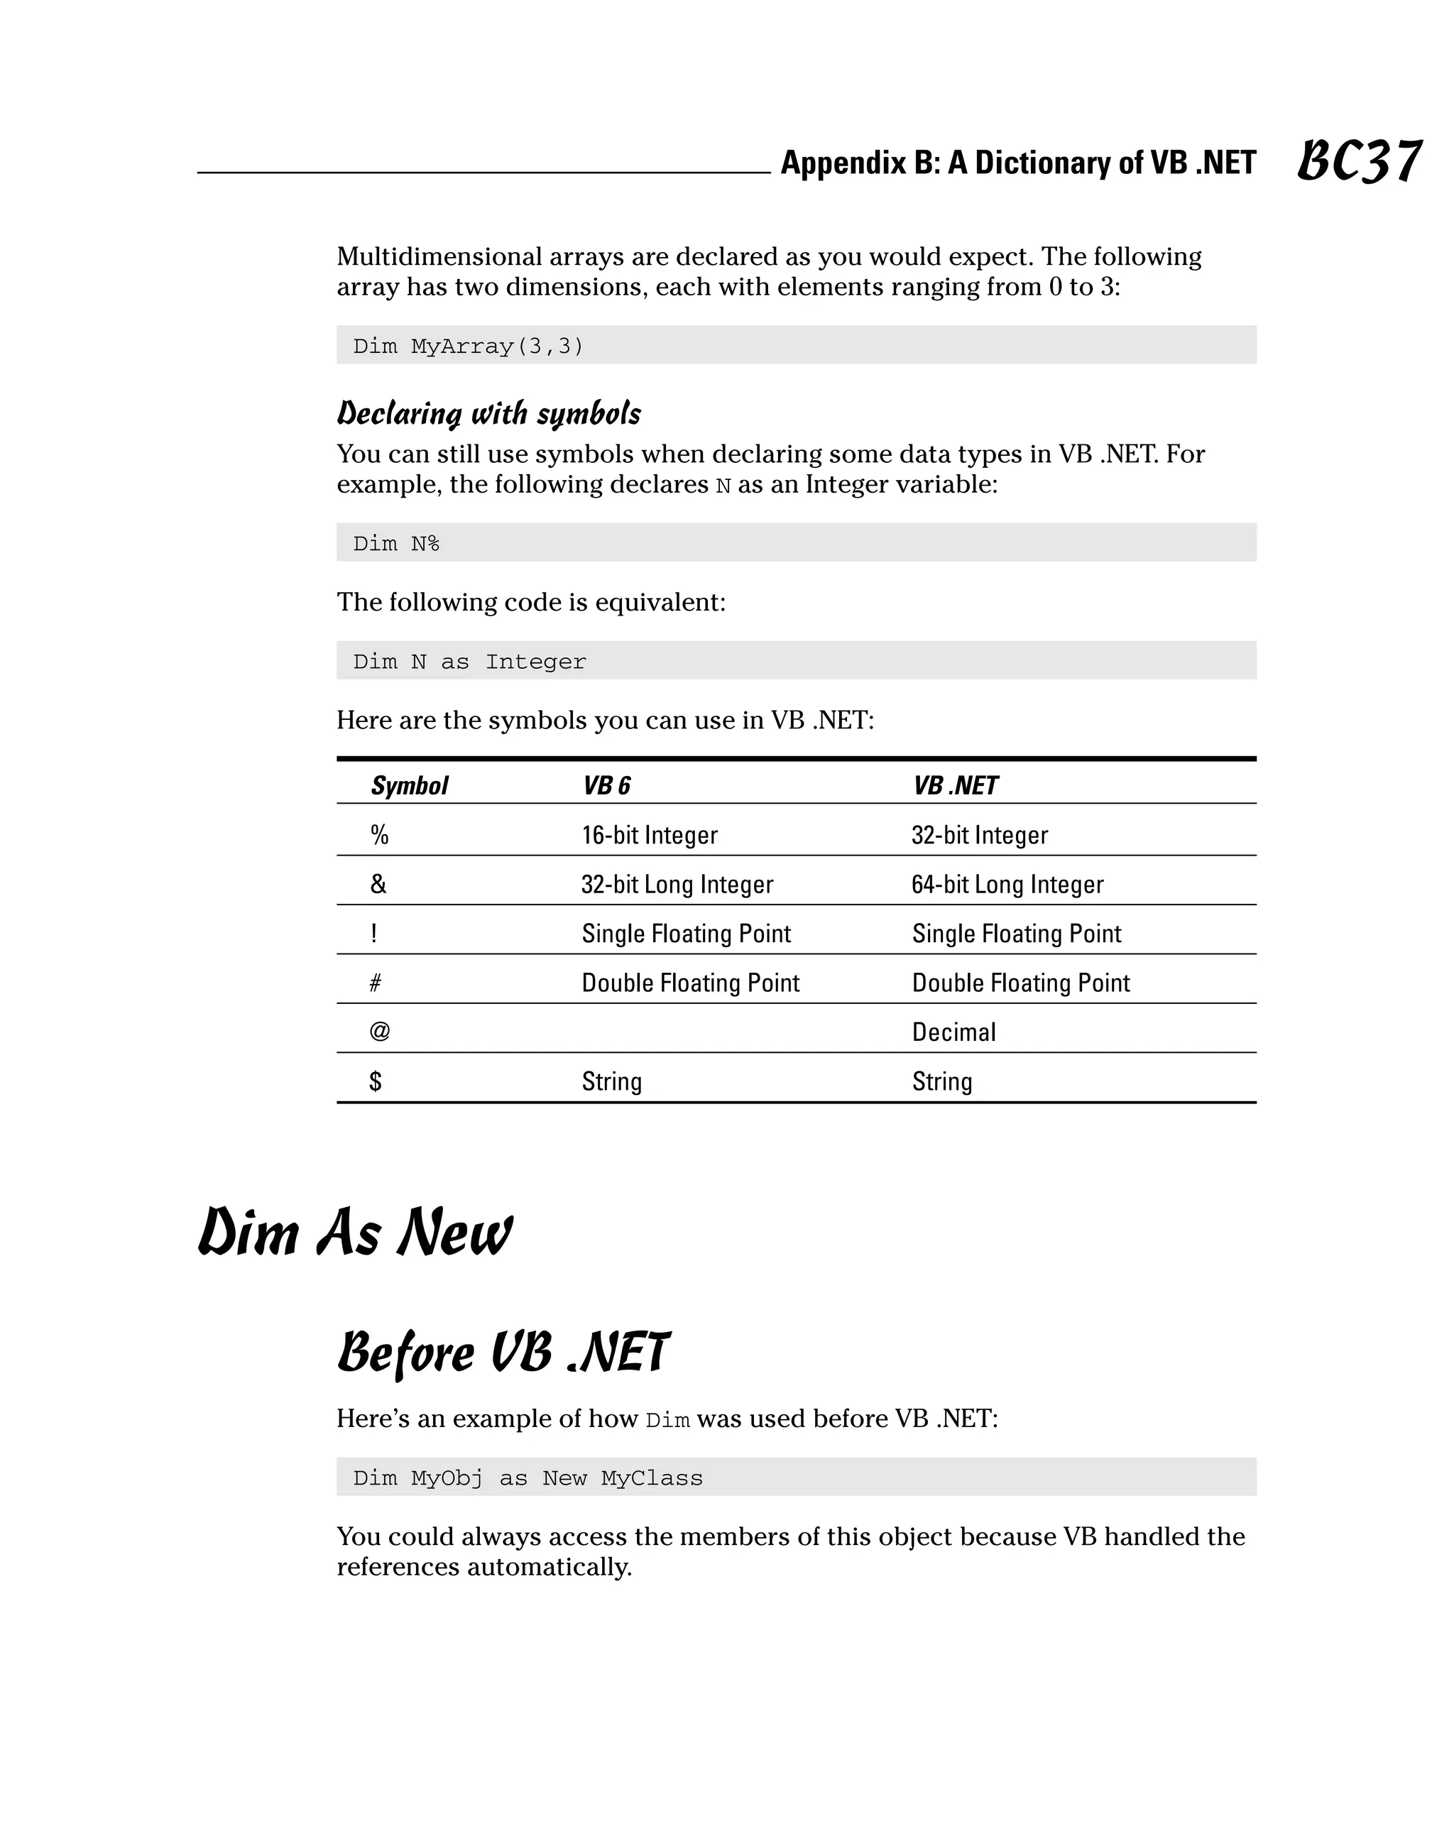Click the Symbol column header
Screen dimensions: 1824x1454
click(410, 786)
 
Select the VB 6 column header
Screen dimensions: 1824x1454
click(606, 786)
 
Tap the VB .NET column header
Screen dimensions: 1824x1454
click(955, 786)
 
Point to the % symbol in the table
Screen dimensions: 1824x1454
click(379, 835)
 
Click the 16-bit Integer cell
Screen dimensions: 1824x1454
click(650, 835)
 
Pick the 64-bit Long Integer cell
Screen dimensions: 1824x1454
click(1007, 884)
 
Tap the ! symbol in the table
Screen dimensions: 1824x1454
click(374, 933)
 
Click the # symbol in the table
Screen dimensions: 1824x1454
click(376, 982)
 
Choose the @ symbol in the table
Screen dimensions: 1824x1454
click(380, 1032)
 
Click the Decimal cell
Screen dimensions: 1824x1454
click(954, 1032)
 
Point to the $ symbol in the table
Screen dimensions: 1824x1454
click(376, 1081)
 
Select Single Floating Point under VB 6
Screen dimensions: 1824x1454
click(686, 933)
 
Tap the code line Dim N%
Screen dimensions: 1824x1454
click(396, 543)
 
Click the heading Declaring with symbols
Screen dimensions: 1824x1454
click(489, 414)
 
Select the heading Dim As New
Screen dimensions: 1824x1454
click(355, 1233)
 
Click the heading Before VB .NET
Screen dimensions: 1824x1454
click(503, 1352)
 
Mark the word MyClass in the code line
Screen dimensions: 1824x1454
click(651, 1478)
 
